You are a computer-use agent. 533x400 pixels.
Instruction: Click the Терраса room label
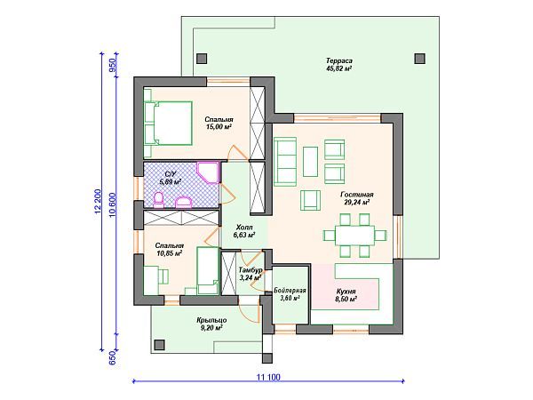tap(339, 60)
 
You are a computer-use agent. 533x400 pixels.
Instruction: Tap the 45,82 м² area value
tap(338, 68)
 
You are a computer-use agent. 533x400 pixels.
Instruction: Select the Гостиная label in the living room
tap(357, 195)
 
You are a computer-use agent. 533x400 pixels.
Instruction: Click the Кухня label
tap(346, 292)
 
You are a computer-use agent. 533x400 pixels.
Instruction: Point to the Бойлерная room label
tap(290, 291)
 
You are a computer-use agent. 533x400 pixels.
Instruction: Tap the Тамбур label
tap(251, 269)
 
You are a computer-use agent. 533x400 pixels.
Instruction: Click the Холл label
tap(244, 227)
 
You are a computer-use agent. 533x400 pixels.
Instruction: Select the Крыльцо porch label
tap(211, 320)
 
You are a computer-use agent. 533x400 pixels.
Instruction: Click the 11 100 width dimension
tap(268, 377)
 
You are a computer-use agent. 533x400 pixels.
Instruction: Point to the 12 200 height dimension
tap(98, 202)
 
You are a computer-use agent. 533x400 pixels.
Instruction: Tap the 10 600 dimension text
tap(113, 205)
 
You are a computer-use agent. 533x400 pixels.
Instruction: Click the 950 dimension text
tap(113, 65)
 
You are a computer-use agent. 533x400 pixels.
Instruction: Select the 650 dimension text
tap(113, 358)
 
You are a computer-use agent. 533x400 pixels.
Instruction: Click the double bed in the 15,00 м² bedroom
tap(168, 124)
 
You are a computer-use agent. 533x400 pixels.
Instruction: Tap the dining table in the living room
tap(354, 235)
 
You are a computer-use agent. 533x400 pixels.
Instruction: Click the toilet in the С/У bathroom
tap(159, 200)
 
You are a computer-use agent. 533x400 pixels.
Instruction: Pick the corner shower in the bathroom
tap(207, 172)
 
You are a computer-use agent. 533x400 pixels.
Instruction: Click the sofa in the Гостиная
tap(285, 162)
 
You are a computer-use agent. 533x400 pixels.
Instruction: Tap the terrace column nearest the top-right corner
tap(420, 59)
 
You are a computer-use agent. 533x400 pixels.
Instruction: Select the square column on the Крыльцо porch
tap(159, 345)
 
